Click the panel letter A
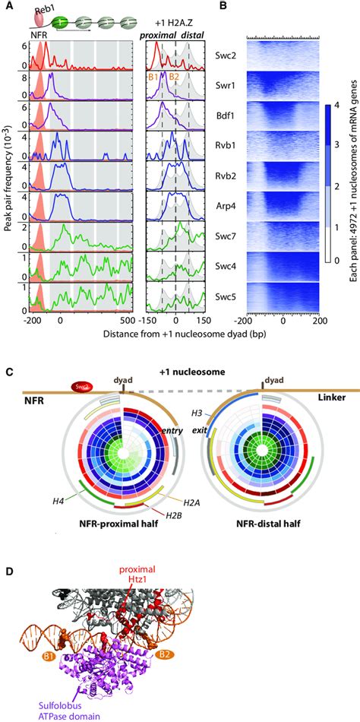coord(7,8)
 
